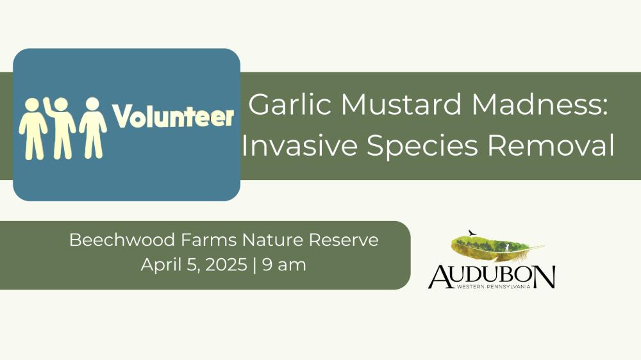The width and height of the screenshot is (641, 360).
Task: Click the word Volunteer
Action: tap(173, 117)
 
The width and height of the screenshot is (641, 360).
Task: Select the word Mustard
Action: tap(402, 104)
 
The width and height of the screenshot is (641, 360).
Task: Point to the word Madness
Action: tap(540, 104)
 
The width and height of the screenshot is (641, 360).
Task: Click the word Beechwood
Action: tap(122, 240)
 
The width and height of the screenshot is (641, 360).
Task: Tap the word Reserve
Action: tap(344, 240)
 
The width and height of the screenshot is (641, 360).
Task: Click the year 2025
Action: tap(226, 265)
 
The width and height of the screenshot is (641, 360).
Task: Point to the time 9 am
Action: tap(284, 265)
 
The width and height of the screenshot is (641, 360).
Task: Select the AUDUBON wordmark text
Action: tap(492, 277)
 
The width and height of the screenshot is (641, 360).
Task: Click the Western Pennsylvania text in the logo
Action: tap(494, 287)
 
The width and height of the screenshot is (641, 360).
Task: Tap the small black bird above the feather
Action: tap(472, 233)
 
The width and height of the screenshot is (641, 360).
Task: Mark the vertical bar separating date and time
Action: tap(255, 265)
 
